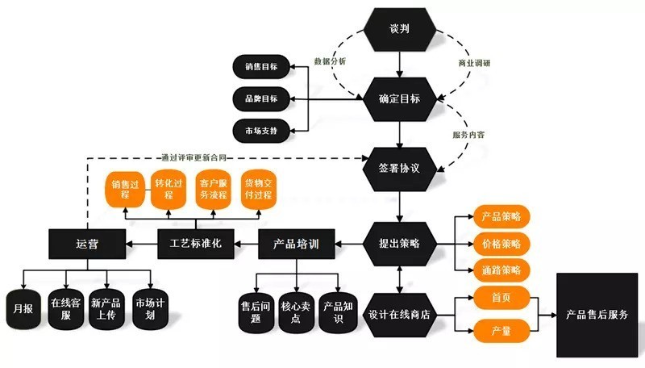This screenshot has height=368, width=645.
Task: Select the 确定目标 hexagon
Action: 401,98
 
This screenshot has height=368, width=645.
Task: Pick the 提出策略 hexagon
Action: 401,242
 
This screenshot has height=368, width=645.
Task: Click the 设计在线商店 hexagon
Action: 400,314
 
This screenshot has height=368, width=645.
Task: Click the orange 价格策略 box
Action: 501,242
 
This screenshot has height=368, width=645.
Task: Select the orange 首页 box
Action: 501,297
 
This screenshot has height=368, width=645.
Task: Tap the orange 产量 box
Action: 501,330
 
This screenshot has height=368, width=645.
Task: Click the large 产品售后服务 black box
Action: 597,315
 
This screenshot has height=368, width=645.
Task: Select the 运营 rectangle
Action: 87,242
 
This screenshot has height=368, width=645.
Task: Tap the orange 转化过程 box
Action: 169,190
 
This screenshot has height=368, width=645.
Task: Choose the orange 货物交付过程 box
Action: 261,190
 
